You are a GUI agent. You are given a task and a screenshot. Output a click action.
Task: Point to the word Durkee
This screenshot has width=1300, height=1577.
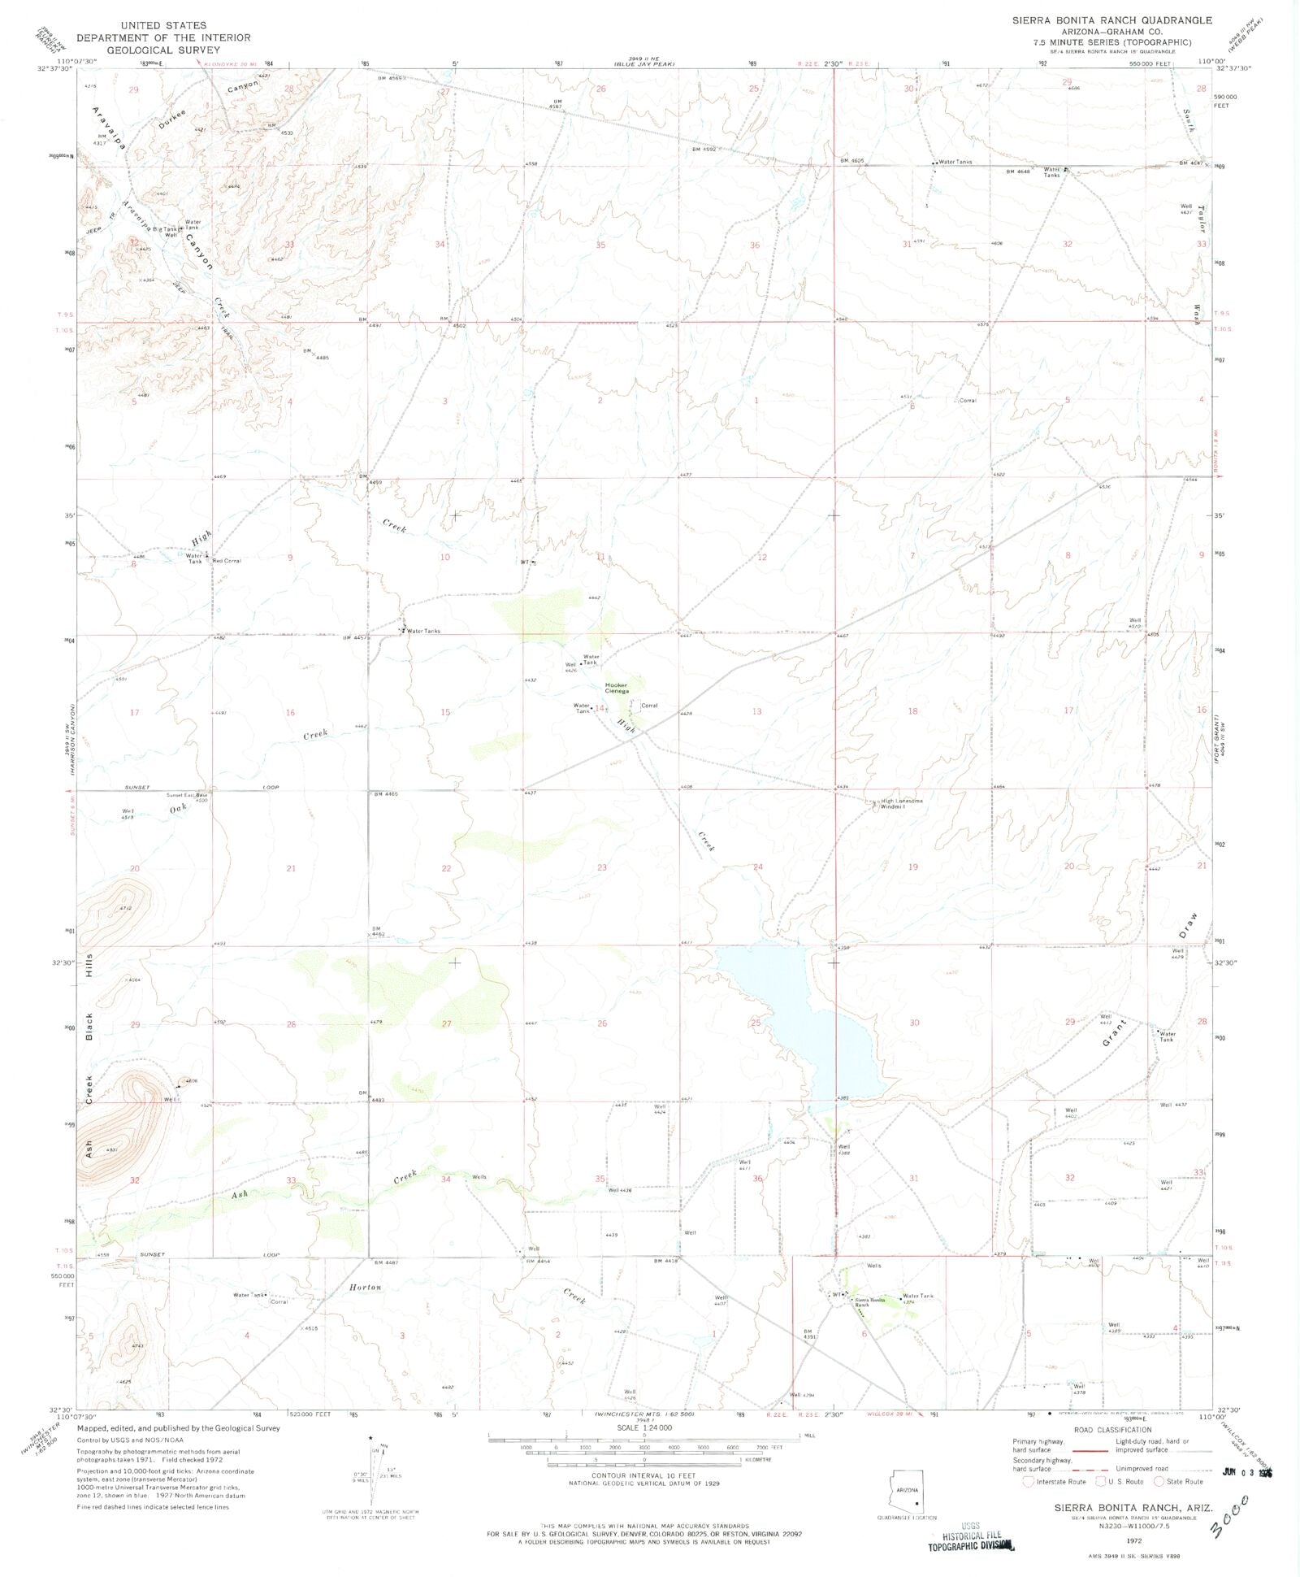[x=172, y=121]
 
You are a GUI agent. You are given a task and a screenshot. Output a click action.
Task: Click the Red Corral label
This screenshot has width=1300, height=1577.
[x=227, y=561]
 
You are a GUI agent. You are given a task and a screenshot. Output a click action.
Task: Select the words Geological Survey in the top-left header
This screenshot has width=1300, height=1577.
[x=163, y=49]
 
